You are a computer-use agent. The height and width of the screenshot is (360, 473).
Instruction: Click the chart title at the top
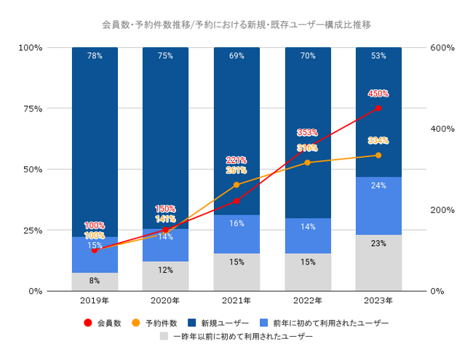(x=236, y=25)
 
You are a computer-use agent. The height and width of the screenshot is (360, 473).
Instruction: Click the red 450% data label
(x=378, y=94)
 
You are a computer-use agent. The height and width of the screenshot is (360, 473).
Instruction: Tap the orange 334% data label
(x=378, y=140)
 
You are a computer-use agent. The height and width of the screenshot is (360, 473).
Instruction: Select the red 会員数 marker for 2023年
(x=378, y=108)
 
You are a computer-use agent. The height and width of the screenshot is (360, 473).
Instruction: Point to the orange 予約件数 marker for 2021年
(x=236, y=185)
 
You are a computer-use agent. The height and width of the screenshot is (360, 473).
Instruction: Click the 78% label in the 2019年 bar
(x=95, y=55)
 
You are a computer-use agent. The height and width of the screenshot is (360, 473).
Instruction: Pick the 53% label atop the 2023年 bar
(x=378, y=55)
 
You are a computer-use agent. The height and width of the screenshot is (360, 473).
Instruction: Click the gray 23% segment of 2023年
(x=378, y=263)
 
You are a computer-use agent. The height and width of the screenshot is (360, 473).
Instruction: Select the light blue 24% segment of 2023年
(x=378, y=205)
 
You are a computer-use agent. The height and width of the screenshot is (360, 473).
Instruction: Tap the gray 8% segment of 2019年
(x=95, y=281)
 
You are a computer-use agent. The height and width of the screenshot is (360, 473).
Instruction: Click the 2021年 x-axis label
(x=236, y=300)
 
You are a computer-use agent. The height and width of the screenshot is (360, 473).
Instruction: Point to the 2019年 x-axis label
(x=95, y=300)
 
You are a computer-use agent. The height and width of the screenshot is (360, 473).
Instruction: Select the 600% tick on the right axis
(x=442, y=47)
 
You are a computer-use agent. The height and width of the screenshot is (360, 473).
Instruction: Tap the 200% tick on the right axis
(x=442, y=210)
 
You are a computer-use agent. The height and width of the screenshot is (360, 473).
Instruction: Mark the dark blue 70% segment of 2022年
(x=308, y=131)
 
